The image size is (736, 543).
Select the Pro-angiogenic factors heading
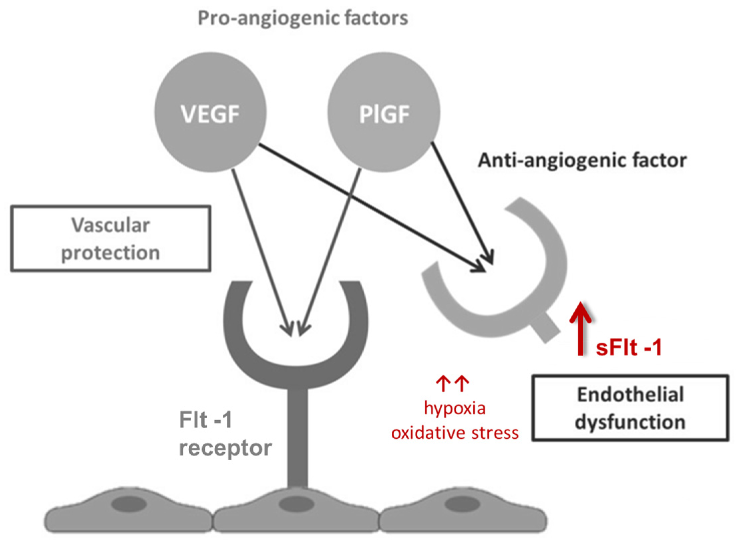pos(303,18)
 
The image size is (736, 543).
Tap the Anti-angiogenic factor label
pos(582,160)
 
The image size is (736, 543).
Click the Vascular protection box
pos(111,238)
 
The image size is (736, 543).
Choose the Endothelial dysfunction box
pos(630,408)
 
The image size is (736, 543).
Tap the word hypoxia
pos(454,409)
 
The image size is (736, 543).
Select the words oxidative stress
pos(454,433)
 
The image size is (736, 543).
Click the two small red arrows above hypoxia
pos(452,384)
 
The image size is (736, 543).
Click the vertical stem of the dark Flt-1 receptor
pos(297,437)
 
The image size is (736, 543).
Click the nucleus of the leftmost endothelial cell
pos(129,504)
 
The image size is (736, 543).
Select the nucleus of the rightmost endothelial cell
pos(462,504)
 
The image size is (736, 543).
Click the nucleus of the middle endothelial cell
pos(296,504)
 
